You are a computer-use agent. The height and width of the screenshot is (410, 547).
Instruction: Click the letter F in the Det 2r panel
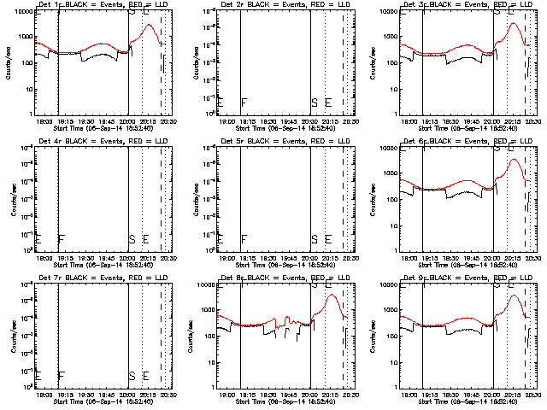click(244, 103)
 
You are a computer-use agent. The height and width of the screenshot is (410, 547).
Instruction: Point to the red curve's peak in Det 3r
click(514, 23)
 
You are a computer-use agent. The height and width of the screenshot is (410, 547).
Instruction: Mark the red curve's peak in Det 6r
click(514, 160)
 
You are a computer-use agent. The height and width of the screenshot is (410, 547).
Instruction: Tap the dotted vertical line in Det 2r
click(325, 60)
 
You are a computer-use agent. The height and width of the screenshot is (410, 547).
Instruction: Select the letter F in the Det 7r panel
click(61, 375)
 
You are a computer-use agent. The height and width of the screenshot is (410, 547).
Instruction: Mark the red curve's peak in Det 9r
click(514, 296)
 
